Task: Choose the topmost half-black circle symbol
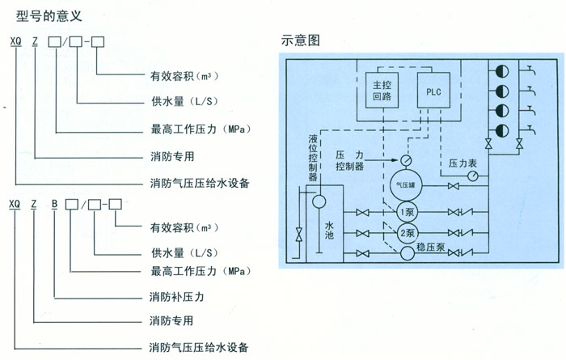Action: (x=501, y=70)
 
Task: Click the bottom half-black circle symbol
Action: (x=501, y=129)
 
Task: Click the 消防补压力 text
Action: (x=176, y=298)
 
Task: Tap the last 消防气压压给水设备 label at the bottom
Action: (x=199, y=348)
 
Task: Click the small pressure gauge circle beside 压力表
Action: (x=450, y=176)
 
